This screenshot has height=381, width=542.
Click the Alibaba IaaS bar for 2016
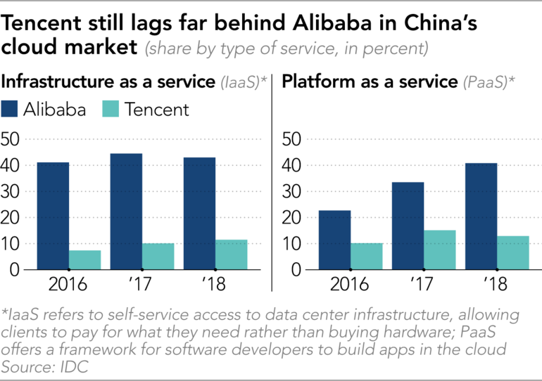click(53, 216)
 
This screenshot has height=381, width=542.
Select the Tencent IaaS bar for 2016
click(85, 259)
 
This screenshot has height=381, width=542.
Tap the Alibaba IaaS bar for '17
click(126, 211)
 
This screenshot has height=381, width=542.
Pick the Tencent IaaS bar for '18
click(232, 254)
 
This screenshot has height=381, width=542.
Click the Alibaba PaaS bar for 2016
click(334, 240)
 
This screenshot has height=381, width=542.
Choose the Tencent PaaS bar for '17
click(440, 250)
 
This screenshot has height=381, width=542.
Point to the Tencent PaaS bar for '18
click(513, 252)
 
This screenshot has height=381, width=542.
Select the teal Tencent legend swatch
click(113, 110)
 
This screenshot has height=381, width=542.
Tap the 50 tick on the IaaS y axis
click(13, 139)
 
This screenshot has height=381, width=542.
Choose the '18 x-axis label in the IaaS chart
click(215, 287)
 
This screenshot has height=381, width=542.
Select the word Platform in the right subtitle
click(315, 82)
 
